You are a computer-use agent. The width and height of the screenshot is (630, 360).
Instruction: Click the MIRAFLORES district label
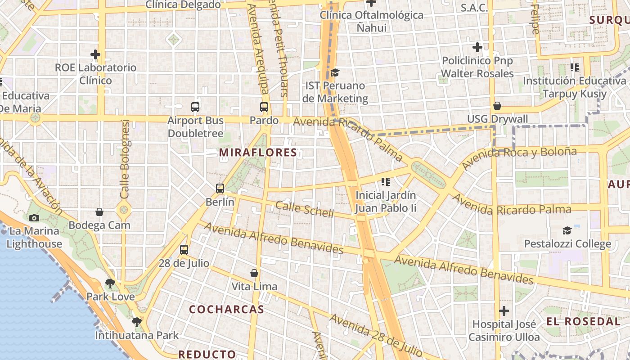coord(258,153)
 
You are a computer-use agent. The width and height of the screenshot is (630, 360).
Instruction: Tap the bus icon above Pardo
coord(264,108)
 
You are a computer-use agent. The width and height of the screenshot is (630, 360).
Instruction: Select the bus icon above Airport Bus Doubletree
coord(195,107)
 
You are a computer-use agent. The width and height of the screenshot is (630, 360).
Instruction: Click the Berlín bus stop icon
coord(220,189)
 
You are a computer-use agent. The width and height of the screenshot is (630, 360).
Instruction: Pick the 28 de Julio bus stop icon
coord(184,250)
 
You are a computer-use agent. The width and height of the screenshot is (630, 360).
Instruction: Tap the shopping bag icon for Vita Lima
coord(254,273)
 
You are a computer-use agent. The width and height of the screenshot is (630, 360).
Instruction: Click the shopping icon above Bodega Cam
coord(99,212)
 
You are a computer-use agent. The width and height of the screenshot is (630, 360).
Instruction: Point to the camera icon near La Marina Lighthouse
coord(34,218)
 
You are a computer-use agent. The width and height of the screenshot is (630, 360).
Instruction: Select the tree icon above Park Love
coord(110,283)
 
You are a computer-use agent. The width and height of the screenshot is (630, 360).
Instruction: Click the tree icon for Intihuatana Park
coord(137,322)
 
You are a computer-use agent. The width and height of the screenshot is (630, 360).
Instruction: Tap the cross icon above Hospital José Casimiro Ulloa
coord(504,311)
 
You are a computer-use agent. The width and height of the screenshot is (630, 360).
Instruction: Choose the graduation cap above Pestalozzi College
coord(567,231)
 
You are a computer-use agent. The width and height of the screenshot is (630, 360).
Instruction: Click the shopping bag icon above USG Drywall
coord(497,106)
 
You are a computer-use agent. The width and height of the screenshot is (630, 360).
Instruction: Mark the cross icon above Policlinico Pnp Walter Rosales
coord(477,47)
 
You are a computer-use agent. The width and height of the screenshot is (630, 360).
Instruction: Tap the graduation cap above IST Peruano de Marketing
coord(335,72)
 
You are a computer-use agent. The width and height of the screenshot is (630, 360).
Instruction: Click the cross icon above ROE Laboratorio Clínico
coord(95,54)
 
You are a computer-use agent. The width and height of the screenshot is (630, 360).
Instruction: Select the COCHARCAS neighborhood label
coord(226,310)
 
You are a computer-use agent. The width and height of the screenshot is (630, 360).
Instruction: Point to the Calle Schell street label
coord(304,209)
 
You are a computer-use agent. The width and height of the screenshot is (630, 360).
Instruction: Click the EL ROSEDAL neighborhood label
coord(583,321)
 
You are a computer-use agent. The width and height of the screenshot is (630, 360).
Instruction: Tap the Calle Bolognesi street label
coord(125,159)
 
